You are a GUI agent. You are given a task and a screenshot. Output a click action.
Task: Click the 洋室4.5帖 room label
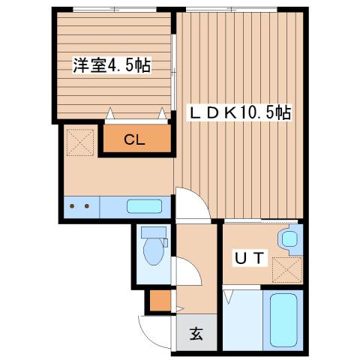[112, 65]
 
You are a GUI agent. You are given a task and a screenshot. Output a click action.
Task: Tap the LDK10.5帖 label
[238, 113]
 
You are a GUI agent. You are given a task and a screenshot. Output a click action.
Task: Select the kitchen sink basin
[143, 205]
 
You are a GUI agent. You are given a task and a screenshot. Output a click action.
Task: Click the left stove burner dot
[72, 205]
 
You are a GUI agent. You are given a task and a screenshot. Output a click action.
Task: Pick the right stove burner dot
[87, 205]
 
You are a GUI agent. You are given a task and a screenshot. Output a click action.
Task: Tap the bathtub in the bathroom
[283, 320]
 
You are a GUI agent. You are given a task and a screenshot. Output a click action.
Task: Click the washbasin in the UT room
[289, 239]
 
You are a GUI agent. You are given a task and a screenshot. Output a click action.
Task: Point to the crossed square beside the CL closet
[79, 139]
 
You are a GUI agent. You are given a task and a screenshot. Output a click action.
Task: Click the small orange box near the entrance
[157, 301]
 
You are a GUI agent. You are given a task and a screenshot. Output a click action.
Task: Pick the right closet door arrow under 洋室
[162, 114]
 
